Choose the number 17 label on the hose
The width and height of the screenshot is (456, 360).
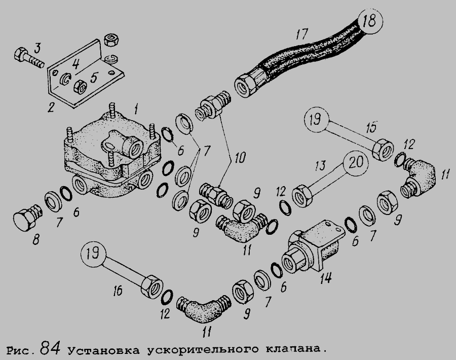302,36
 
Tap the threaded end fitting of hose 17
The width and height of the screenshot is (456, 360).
249,82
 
